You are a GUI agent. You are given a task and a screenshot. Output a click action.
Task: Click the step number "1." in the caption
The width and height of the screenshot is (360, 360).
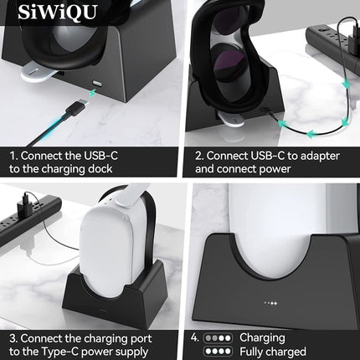tap(14, 156)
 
